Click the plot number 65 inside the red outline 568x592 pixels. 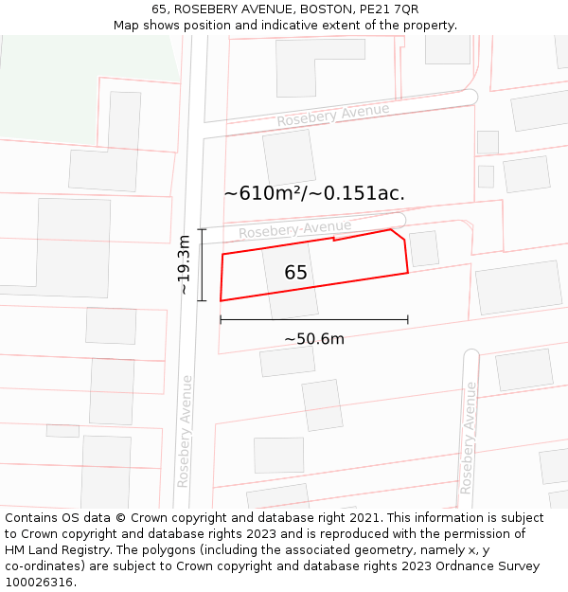click(x=295, y=273)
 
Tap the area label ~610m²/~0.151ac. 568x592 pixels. click(x=314, y=193)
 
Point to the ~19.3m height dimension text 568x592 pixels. click(x=185, y=265)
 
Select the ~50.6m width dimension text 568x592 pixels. click(x=314, y=339)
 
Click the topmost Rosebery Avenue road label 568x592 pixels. click(x=333, y=116)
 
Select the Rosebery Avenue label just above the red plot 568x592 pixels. click(x=294, y=229)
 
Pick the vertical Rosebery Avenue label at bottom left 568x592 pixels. click(x=186, y=431)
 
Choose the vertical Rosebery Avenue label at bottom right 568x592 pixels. click(x=467, y=439)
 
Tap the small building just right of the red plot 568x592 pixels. click(x=423, y=249)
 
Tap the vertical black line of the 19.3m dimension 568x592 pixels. click(x=202, y=265)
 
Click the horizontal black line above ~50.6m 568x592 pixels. click(x=314, y=320)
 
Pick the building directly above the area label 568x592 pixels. click(x=289, y=157)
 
